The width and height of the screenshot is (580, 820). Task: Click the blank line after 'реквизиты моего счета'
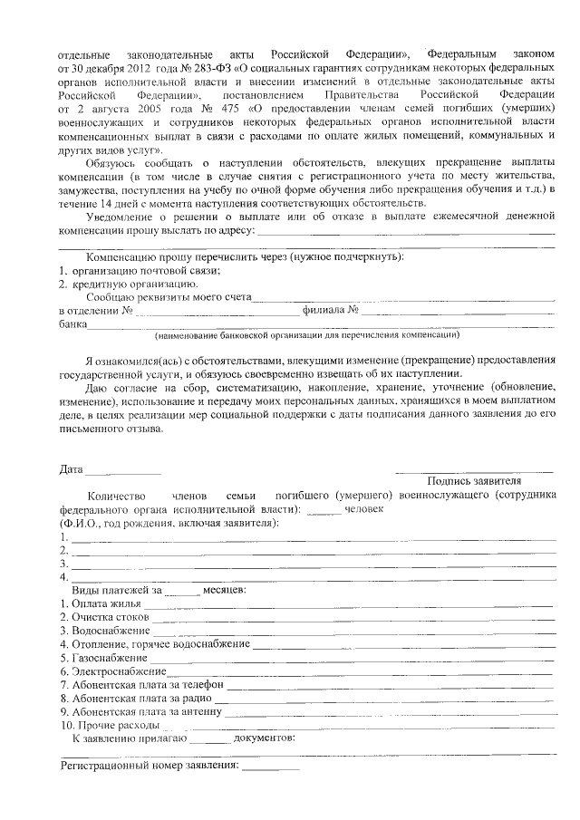click(403, 298)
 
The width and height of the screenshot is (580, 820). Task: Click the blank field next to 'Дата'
click(123, 471)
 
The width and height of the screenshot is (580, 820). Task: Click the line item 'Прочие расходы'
click(109, 726)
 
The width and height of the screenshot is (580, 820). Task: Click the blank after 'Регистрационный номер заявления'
click(270, 767)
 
